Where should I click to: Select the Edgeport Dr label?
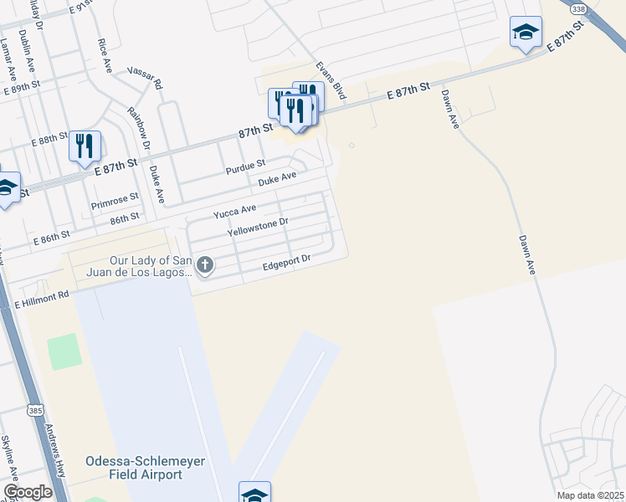tap(286, 262)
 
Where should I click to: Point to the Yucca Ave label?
tap(233, 209)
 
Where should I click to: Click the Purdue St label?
tap(245, 167)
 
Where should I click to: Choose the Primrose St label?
tap(115, 203)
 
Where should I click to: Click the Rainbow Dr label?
tap(138, 128)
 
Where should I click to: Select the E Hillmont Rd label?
tap(40, 300)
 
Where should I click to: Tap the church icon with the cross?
tap(205, 266)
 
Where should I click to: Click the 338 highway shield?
tap(578, 8)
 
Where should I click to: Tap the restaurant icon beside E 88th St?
tap(85, 146)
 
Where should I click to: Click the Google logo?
tap(28, 492)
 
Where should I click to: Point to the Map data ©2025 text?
tap(591, 495)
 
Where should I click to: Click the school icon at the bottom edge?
tap(254, 494)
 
